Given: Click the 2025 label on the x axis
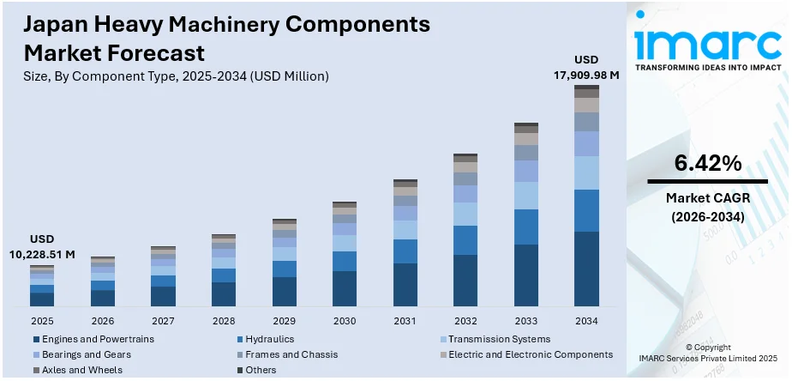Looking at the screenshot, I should pos(41,320).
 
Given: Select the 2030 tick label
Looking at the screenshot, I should pos(345,320).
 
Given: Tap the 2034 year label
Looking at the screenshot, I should pos(587,320).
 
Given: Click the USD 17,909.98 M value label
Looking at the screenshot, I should pos(586,68).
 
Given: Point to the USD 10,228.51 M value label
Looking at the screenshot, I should pos(41,247).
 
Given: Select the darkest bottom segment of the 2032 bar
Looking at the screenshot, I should pos(465,281).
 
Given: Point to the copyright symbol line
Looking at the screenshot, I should pos(709,347).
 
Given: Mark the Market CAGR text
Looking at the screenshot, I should pos(707,200).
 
